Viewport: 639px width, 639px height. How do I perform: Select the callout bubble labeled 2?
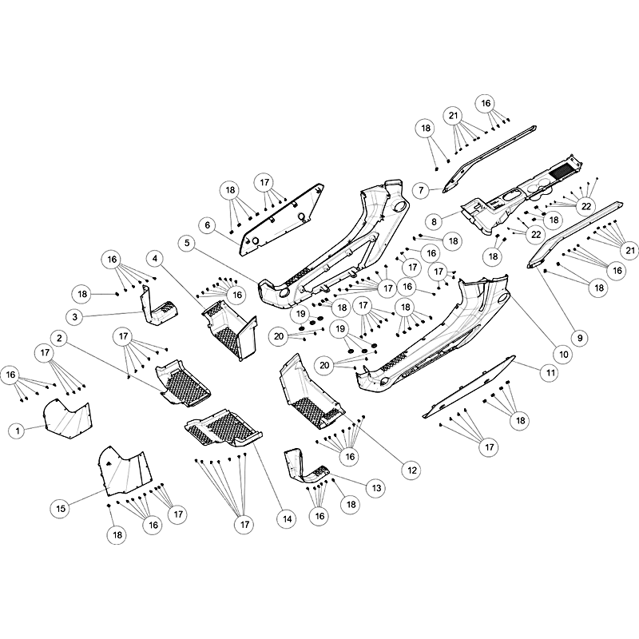tap(59, 338)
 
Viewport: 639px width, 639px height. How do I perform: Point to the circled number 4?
tap(155, 257)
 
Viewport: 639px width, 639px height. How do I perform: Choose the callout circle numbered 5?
tap(187, 241)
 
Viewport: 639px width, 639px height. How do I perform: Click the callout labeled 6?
tap(208, 225)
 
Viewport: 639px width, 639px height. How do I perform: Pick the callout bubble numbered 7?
tap(421, 190)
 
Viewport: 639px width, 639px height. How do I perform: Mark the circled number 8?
tap(435, 220)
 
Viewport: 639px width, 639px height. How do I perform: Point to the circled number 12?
tap(411, 470)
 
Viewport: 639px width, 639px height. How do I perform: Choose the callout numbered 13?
tap(374, 486)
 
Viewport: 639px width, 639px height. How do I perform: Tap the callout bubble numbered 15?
tap(60, 507)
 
